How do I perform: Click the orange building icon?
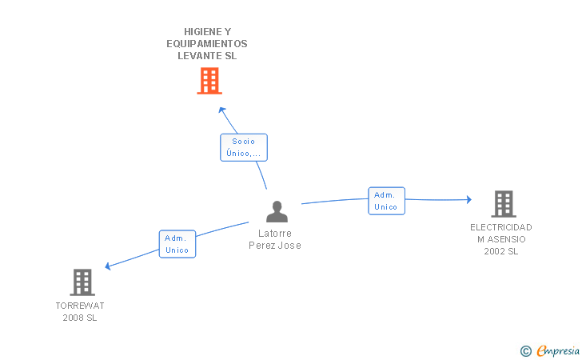tap(209, 81)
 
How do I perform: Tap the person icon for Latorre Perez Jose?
tap(277, 211)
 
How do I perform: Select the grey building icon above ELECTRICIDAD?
tap(504, 204)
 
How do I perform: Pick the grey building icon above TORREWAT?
tap(82, 282)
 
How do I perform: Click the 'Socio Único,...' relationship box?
tap(244, 147)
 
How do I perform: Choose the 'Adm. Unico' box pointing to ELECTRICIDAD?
tap(386, 201)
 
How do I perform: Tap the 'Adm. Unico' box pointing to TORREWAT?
tap(177, 244)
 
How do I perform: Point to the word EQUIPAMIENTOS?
tap(207, 44)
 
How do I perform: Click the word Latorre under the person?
tap(275, 234)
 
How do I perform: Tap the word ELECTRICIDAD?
tap(501, 227)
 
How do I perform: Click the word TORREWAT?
tap(80, 306)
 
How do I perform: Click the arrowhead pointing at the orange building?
tap(222, 110)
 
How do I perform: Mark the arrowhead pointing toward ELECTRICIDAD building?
tap(469, 199)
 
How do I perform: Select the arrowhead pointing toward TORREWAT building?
tap(108, 266)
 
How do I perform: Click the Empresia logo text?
tap(558, 351)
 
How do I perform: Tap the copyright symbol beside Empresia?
tap(526, 351)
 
